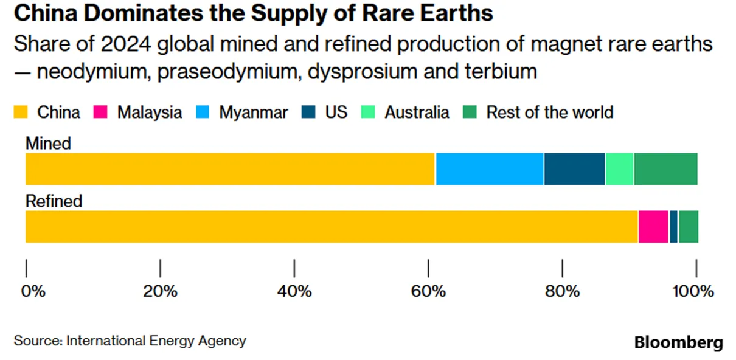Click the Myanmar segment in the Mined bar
pos(490,169)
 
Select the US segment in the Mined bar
pos(575,169)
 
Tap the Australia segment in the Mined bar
pos(620,169)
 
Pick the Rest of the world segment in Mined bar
pos(665,169)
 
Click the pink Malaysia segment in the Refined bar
pos(653,227)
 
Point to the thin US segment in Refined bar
pos(673,227)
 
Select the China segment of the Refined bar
pos(332,227)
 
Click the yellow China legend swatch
pos(21,112)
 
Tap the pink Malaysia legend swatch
pos(100,112)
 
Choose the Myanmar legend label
pos(253,112)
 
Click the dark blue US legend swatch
pos(308,112)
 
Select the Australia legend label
pos(417,112)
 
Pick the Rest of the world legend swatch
pos(470,112)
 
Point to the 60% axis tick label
pos(428,291)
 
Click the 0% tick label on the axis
pos(33,291)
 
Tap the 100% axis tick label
pos(693,291)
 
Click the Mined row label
pos(48,144)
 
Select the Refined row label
pos(54,201)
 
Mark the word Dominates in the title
pos(144,13)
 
